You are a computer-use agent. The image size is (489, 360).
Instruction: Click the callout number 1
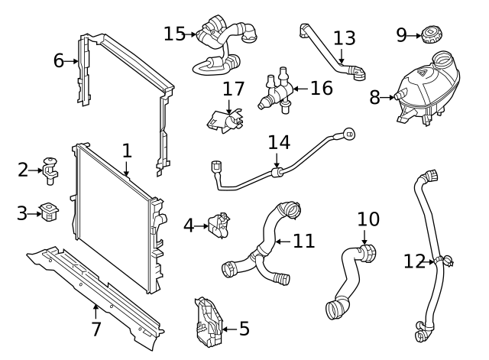(126, 151)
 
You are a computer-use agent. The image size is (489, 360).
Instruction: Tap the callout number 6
(59, 60)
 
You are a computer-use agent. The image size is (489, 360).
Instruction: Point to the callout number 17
(233, 89)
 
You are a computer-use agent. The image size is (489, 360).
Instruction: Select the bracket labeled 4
(220, 225)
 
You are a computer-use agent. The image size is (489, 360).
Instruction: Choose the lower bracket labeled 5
(209, 323)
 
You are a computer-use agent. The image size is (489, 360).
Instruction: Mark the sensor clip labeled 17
(223, 120)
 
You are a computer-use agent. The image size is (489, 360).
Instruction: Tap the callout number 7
(96, 329)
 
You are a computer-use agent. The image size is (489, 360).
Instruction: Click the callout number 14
(280, 142)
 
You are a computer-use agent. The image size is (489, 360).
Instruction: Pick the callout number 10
(368, 219)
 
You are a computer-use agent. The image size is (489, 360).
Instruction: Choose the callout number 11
(304, 242)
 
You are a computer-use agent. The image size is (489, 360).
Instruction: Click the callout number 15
(174, 34)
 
